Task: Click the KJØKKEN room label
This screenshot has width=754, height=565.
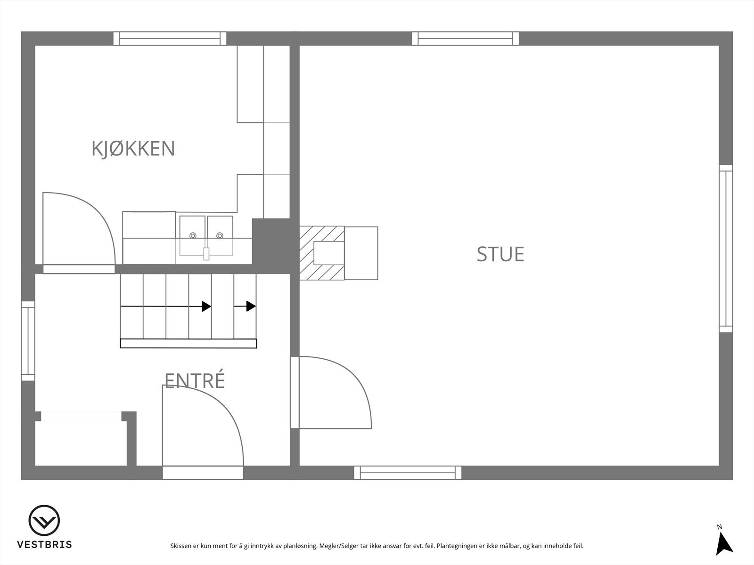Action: click(x=133, y=149)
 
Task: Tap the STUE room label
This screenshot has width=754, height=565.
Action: click(x=500, y=254)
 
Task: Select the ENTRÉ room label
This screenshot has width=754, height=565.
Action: click(x=194, y=380)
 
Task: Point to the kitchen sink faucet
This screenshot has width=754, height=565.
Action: click(x=206, y=253)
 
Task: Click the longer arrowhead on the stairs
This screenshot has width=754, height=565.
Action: click(x=206, y=307)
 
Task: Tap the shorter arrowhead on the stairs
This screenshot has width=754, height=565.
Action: click(x=251, y=307)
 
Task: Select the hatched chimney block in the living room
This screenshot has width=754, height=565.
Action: click(x=322, y=253)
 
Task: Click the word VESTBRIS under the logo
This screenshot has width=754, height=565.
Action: click(x=44, y=545)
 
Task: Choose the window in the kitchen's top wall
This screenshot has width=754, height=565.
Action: click(x=170, y=39)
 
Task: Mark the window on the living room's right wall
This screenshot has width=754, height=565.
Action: click(x=726, y=249)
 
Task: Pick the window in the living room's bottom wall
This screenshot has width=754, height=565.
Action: click(x=408, y=473)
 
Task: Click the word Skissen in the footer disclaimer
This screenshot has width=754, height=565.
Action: click(x=181, y=547)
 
